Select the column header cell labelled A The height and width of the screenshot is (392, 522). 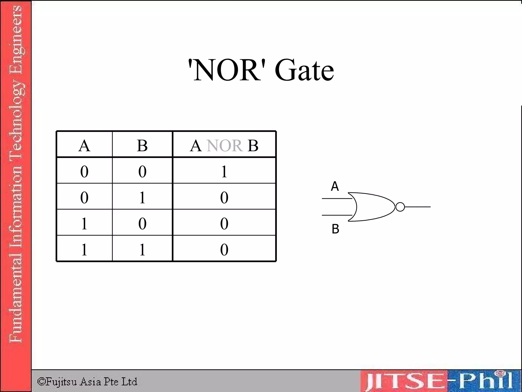[x=84, y=145]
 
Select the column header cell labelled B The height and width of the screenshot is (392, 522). [x=142, y=145]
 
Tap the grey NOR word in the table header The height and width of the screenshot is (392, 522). [x=224, y=145]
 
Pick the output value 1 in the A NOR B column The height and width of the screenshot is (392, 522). [x=224, y=171]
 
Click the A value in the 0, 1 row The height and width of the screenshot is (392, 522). [x=84, y=197]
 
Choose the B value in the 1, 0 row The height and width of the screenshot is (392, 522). [x=142, y=223]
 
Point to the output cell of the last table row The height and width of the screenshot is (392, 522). [x=224, y=249]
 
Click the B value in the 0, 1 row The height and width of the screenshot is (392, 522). [x=142, y=197]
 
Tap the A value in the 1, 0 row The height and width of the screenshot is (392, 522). [x=84, y=223]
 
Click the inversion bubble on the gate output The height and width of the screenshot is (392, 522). [x=400, y=207]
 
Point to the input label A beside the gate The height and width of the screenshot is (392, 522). [x=335, y=186]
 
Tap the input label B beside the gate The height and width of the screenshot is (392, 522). [x=335, y=229]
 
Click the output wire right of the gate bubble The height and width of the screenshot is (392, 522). [x=418, y=207]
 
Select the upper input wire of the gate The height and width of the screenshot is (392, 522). [x=336, y=198]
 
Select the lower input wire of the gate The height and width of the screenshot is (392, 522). [x=336, y=215]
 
